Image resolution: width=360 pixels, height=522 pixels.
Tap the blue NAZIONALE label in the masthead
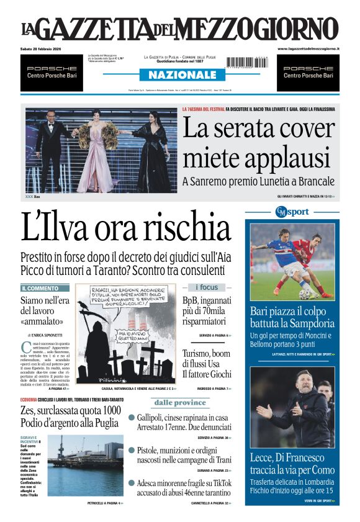point(181,74)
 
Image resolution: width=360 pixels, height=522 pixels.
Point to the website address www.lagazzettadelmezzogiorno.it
point(308,48)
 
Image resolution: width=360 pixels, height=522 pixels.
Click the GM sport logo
point(292,211)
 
